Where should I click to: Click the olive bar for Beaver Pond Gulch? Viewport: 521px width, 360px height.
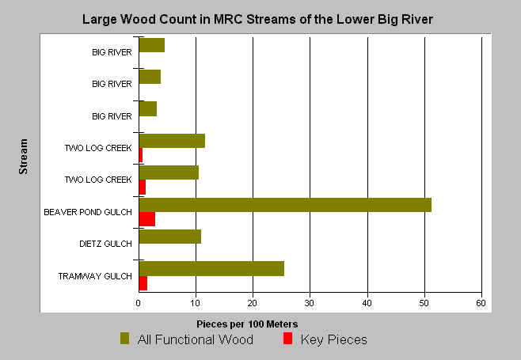click(x=285, y=205)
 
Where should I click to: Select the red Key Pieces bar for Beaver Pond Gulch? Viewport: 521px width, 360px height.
click(x=147, y=219)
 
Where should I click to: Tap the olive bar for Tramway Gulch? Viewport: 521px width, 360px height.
click(x=211, y=269)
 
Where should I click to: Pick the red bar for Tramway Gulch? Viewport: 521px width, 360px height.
click(x=143, y=283)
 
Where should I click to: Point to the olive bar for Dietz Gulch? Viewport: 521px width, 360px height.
click(x=170, y=237)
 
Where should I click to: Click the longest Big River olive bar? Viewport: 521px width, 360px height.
click(x=152, y=45)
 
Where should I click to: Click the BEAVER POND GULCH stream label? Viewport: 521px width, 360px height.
click(x=88, y=212)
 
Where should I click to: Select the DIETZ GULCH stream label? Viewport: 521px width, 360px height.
click(x=105, y=244)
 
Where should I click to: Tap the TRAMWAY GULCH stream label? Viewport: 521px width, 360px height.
click(x=95, y=276)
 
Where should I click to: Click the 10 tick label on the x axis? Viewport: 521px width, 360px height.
click(x=195, y=303)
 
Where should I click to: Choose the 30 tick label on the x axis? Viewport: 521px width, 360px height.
click(x=310, y=303)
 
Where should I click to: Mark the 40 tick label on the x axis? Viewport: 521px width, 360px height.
click(x=367, y=303)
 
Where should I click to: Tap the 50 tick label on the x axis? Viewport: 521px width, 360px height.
click(x=424, y=303)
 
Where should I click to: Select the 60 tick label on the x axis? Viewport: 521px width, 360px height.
click(x=481, y=303)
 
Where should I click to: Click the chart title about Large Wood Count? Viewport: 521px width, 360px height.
click(x=257, y=20)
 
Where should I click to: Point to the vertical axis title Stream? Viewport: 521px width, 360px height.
click(x=23, y=157)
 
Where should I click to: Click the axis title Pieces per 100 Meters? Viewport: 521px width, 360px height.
click(x=247, y=324)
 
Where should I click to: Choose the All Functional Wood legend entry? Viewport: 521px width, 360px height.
click(x=187, y=339)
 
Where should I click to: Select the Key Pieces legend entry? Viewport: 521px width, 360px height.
click(x=325, y=339)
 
